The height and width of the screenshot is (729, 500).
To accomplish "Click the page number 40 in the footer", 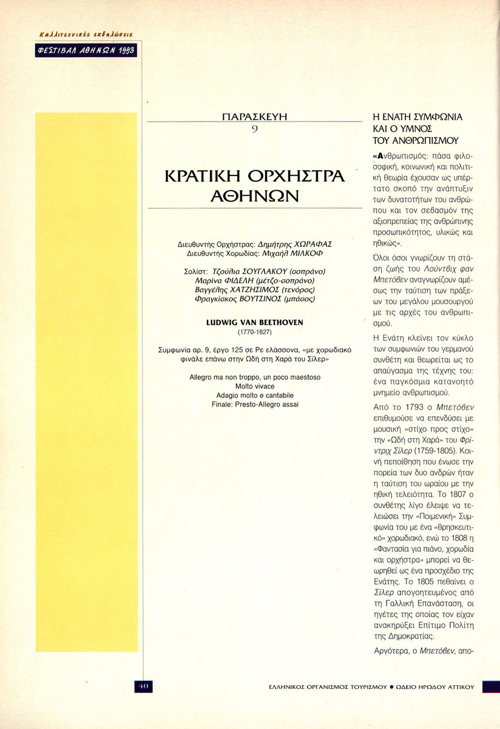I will (143, 686).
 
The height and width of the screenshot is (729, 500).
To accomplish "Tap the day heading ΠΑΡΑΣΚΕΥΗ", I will (254, 117).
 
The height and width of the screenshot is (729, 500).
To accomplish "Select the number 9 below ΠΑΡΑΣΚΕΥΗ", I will (254, 128).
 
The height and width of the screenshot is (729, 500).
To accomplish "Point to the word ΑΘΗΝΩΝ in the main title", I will (255, 197).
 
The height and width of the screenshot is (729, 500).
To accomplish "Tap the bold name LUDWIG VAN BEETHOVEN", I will (254, 323).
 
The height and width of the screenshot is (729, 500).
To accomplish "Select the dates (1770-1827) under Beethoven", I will (254, 332).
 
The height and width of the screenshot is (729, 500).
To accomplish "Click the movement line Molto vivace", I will (254, 386).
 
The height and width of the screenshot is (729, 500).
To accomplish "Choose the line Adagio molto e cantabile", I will (254, 395).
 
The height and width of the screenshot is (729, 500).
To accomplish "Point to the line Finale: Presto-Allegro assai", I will (254, 405).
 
